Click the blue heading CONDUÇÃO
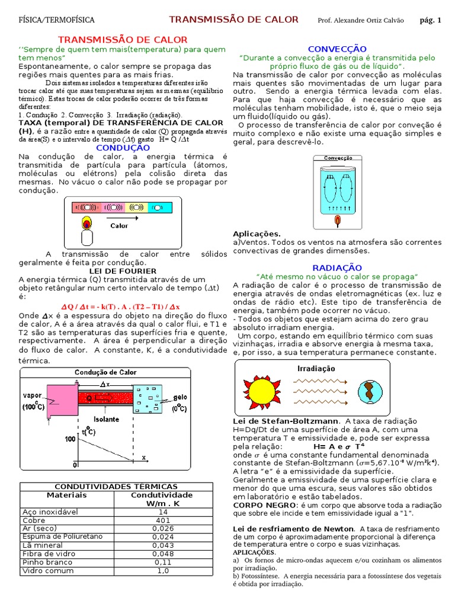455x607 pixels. coord(123,147)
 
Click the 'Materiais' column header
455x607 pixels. coord(66,495)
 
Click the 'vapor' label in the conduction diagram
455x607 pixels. coord(32,395)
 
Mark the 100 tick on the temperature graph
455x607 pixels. coord(70,439)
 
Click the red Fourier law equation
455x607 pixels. coord(121,306)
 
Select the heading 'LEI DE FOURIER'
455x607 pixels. coord(123,271)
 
